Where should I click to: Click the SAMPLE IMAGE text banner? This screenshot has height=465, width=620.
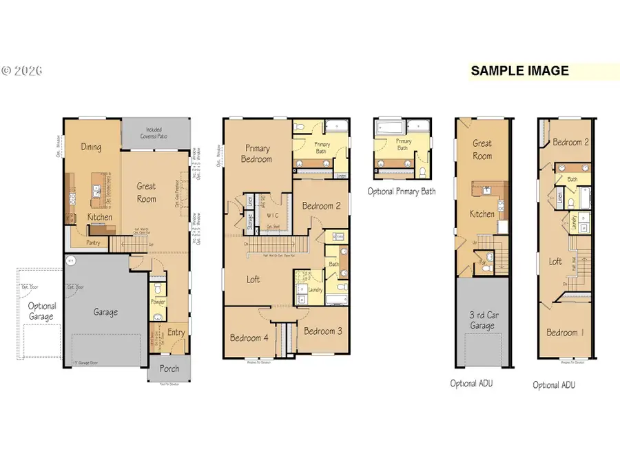pos(519,71)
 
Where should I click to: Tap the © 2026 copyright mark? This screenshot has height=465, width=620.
pos(23,71)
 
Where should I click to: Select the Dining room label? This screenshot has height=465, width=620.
pos(90,147)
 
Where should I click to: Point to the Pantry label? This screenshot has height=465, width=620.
pos(94,242)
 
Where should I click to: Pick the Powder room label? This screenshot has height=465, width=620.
pos(158,303)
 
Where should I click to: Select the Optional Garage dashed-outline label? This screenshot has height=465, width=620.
pos(41,311)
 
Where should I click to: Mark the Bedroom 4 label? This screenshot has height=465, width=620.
pos(249,338)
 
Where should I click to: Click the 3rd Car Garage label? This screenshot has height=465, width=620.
pos(482,321)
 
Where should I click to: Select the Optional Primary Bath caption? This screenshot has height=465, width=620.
pos(401,192)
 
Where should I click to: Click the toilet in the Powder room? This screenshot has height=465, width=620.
pos(158,288)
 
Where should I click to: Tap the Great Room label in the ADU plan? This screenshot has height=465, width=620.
pos(482,149)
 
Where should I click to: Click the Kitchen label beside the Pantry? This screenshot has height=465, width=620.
pos(99,218)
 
